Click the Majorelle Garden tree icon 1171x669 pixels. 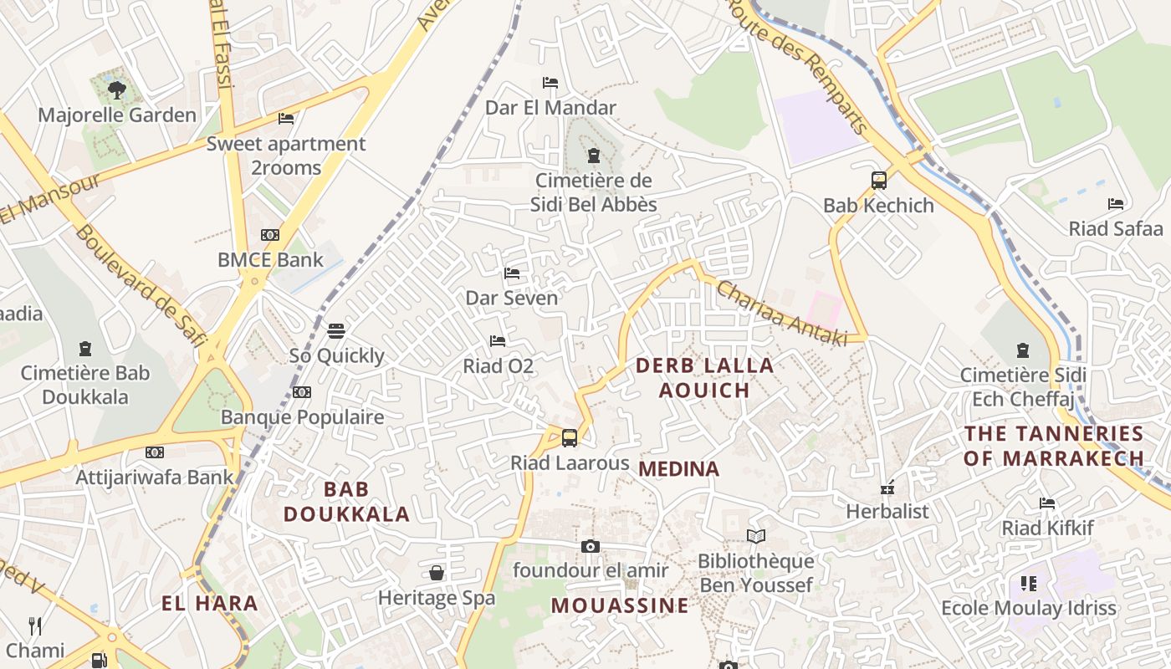[116, 89]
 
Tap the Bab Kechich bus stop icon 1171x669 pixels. [879, 180]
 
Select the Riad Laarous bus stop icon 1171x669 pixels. [570, 437]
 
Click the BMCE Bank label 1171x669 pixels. [270, 260]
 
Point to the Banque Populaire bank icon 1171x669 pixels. [302, 391]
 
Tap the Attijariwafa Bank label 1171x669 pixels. [155, 477]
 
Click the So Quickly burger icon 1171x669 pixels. [336, 330]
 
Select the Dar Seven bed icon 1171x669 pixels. [512, 273]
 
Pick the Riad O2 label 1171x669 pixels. [499, 366]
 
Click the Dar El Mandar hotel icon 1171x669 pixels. [550, 83]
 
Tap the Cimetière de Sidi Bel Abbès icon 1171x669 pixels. [594, 156]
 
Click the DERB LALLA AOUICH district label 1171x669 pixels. [704, 378]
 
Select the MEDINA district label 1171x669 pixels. [678, 469]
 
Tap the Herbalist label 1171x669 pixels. [887, 511]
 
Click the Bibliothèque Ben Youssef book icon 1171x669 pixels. [756, 536]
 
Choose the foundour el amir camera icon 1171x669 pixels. [591, 546]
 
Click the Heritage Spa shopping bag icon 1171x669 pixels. [437, 573]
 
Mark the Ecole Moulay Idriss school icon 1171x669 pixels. [1029, 583]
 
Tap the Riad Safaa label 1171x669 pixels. [1116, 229]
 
